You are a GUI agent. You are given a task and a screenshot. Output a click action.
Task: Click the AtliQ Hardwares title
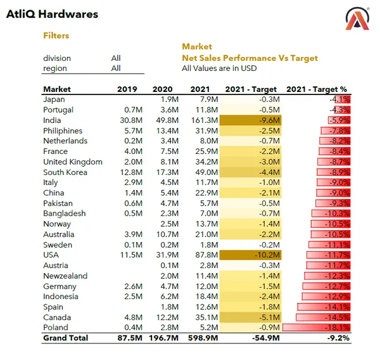(52, 14)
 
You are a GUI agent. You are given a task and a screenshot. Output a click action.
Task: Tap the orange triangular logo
(357, 19)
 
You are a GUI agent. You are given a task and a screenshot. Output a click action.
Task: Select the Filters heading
(56, 36)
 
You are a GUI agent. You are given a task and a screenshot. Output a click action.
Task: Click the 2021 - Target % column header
(318, 89)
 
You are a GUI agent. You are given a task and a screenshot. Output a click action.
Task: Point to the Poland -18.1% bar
(317, 328)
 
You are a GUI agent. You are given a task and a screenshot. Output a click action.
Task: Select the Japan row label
(54, 100)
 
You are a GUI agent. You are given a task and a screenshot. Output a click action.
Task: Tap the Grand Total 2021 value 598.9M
(203, 338)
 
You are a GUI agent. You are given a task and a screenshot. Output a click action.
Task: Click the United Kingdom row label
(72, 162)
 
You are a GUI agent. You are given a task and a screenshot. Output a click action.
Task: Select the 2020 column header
(162, 89)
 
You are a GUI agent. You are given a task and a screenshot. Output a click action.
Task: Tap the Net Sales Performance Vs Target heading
(250, 58)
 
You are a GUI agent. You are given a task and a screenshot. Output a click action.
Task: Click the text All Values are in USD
(219, 68)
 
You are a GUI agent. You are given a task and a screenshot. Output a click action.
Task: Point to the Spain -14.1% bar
(325, 307)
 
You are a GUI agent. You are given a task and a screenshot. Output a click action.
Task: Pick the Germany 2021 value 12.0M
(207, 286)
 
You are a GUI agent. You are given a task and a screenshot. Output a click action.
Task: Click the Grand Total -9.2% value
(339, 338)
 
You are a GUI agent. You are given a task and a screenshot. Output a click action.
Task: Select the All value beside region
(116, 68)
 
